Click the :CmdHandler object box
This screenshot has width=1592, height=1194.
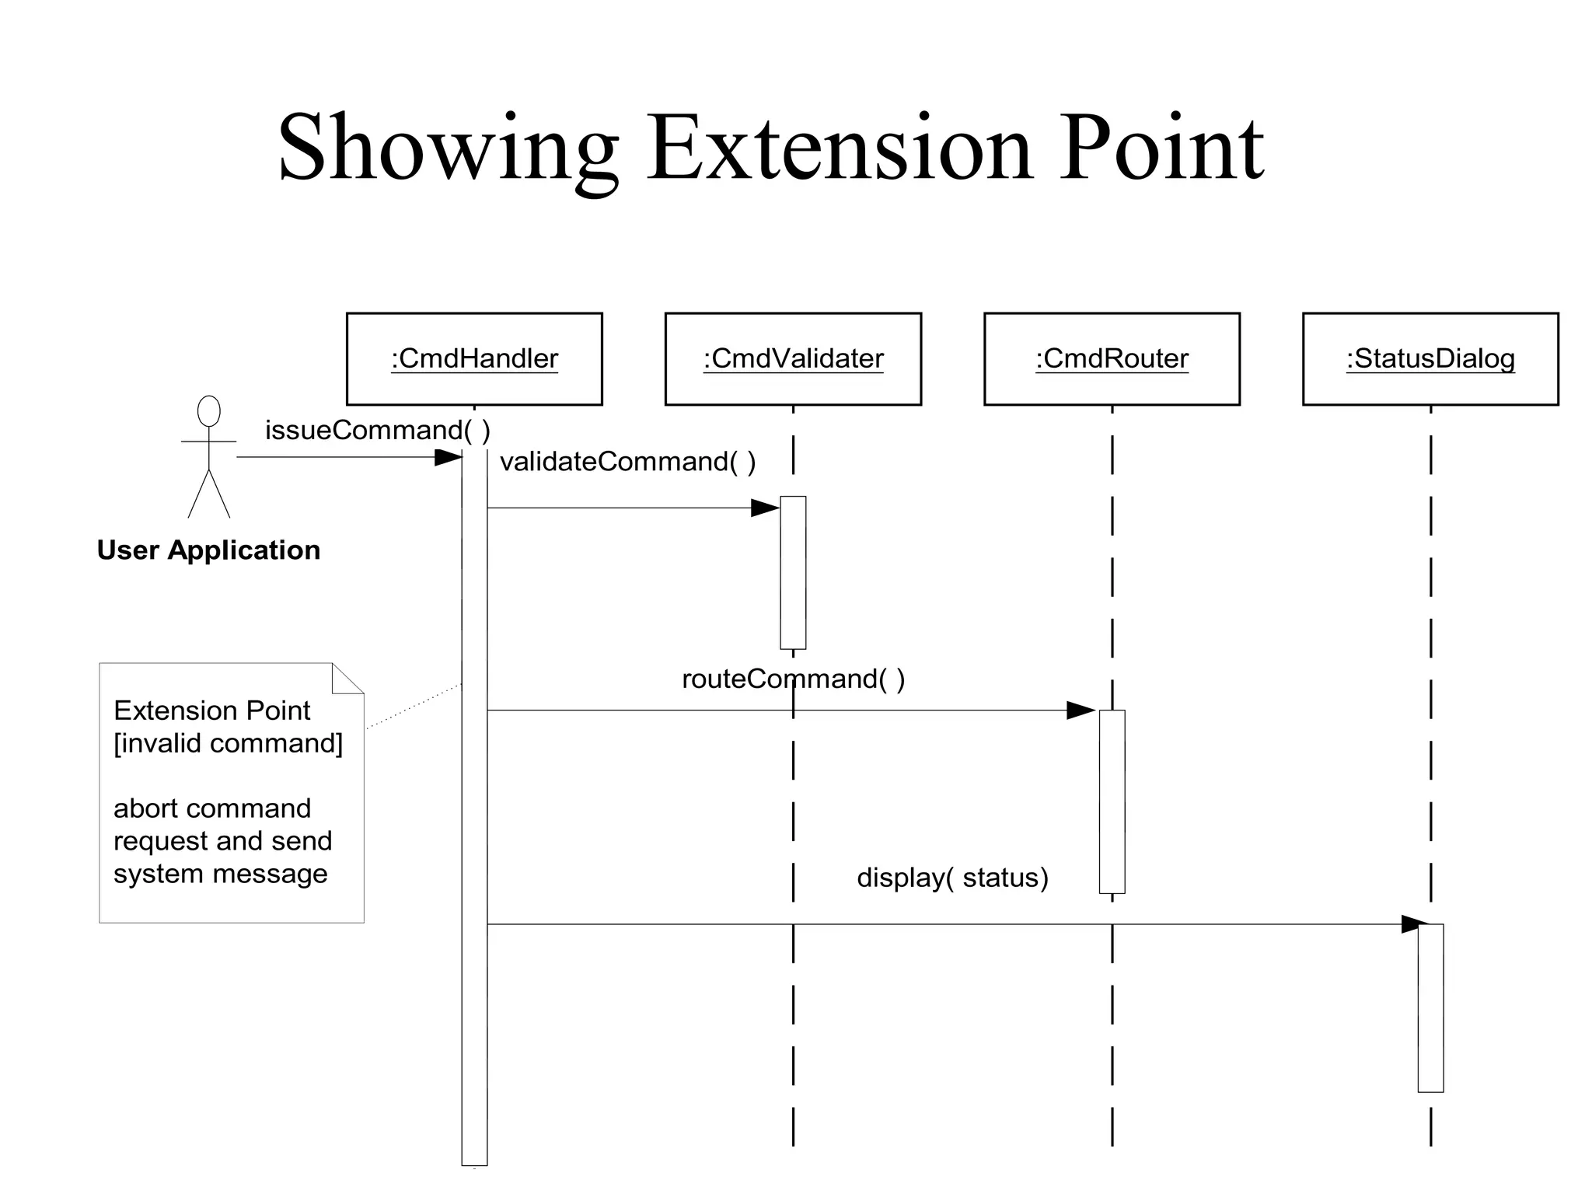click(x=474, y=359)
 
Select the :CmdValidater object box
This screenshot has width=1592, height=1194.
click(x=793, y=359)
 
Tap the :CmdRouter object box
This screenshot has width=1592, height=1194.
click(x=1112, y=359)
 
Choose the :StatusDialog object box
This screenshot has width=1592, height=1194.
click(x=1430, y=359)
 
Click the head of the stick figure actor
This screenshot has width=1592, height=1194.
click(x=208, y=411)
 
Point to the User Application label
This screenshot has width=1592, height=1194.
click(x=208, y=550)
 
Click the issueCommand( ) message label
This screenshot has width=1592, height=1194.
click(x=378, y=430)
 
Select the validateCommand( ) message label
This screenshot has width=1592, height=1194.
click(x=627, y=462)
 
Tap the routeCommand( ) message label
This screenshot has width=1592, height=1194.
click(x=793, y=679)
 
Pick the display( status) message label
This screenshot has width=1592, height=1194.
click(x=952, y=878)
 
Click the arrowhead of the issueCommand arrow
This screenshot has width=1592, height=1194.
click(x=449, y=457)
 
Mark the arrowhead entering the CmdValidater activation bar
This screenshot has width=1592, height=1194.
click(x=766, y=508)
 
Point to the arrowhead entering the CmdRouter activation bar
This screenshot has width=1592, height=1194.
click(x=1081, y=710)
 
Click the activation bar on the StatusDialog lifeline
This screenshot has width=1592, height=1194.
click(x=1430, y=1007)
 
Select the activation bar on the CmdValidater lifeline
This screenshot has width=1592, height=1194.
click(x=793, y=572)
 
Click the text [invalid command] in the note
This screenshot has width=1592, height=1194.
click(x=228, y=744)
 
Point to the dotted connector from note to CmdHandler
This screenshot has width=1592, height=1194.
click(x=414, y=706)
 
